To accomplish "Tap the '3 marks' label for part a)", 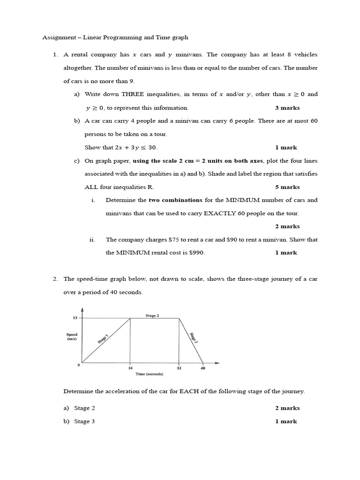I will [287, 108].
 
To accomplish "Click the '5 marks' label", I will [287, 187].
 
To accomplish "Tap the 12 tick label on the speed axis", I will [74, 317].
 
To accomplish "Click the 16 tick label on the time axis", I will [130, 368].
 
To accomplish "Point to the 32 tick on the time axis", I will [179, 368].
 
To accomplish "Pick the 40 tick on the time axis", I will [202, 368].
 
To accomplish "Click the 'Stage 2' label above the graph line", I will [152, 315].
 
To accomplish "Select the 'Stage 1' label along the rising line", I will [103, 338].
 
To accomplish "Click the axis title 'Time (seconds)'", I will [149, 374].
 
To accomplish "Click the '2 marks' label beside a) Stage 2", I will [287, 408].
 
